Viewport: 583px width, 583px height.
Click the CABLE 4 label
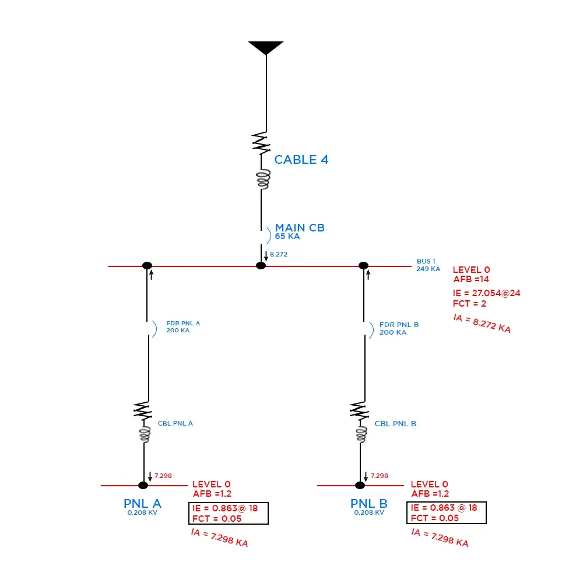click(x=301, y=160)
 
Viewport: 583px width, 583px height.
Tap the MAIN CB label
click(x=300, y=228)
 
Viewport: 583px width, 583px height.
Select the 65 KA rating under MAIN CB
click(x=287, y=237)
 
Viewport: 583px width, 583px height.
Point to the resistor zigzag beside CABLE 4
click(x=262, y=142)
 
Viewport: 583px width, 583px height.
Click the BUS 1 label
click(x=426, y=261)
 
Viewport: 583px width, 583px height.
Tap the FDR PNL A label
click(x=183, y=323)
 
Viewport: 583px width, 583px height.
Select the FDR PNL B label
click(x=399, y=325)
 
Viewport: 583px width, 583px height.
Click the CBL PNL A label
click(x=175, y=423)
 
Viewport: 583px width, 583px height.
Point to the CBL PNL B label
click(x=395, y=424)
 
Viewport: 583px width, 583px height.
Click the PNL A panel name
click(x=142, y=504)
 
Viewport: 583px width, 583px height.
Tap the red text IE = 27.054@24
click(x=486, y=293)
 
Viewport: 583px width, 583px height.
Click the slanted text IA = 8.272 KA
click(x=482, y=324)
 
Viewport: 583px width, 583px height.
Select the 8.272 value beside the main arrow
click(x=279, y=254)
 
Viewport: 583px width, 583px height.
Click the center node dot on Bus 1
click(x=261, y=266)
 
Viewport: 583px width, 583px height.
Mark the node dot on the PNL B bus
click(x=360, y=485)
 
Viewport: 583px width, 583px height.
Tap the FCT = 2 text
click(x=469, y=304)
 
